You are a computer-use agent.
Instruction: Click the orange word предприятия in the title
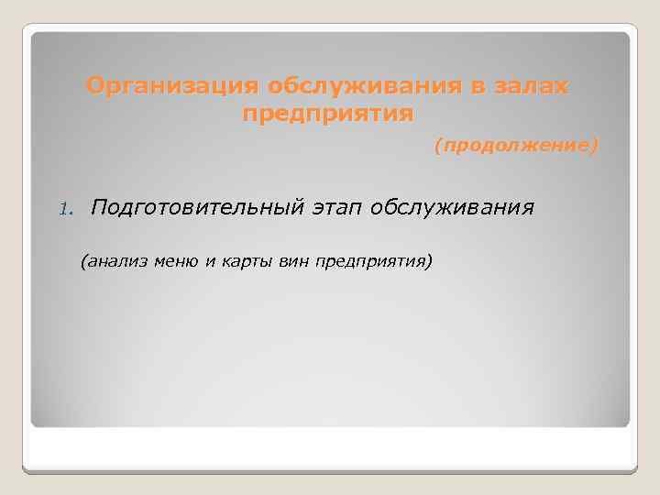[x=328, y=115]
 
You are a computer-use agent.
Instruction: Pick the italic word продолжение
[x=516, y=146]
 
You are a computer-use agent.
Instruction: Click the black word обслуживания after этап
[x=452, y=208]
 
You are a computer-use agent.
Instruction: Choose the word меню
[x=176, y=261]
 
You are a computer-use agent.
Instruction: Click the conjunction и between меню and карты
[x=209, y=261]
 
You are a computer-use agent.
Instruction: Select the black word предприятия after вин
[x=368, y=261]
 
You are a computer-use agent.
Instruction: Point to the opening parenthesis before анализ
[x=83, y=261]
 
